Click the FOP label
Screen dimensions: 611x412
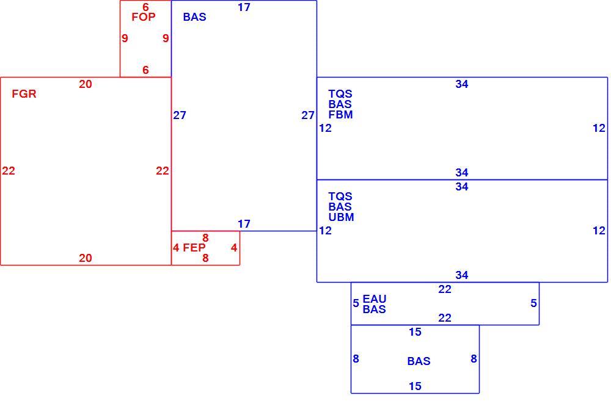tap(144, 16)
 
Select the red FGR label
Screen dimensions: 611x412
tap(24, 94)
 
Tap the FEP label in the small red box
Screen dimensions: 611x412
tap(194, 248)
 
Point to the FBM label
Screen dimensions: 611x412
tap(340, 115)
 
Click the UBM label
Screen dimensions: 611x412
tap(341, 217)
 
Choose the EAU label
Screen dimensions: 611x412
tap(375, 299)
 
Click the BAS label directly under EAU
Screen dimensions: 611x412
tap(374, 309)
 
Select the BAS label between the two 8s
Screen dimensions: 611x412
tap(419, 361)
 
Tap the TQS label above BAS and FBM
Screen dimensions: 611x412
tap(340, 94)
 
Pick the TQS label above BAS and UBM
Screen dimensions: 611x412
tap(340, 197)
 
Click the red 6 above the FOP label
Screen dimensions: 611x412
tap(145, 7)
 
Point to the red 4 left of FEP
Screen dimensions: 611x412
tap(176, 248)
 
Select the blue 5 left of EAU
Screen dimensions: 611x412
tap(356, 303)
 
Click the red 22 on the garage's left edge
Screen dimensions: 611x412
tap(9, 171)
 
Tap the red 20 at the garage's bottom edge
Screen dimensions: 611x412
tap(86, 258)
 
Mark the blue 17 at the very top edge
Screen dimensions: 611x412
tap(244, 7)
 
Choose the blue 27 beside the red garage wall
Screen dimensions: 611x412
tap(180, 115)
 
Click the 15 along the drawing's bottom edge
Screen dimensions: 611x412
tap(415, 386)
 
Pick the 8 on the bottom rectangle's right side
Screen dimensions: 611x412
tap(474, 359)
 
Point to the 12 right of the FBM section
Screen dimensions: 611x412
tap(599, 128)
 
